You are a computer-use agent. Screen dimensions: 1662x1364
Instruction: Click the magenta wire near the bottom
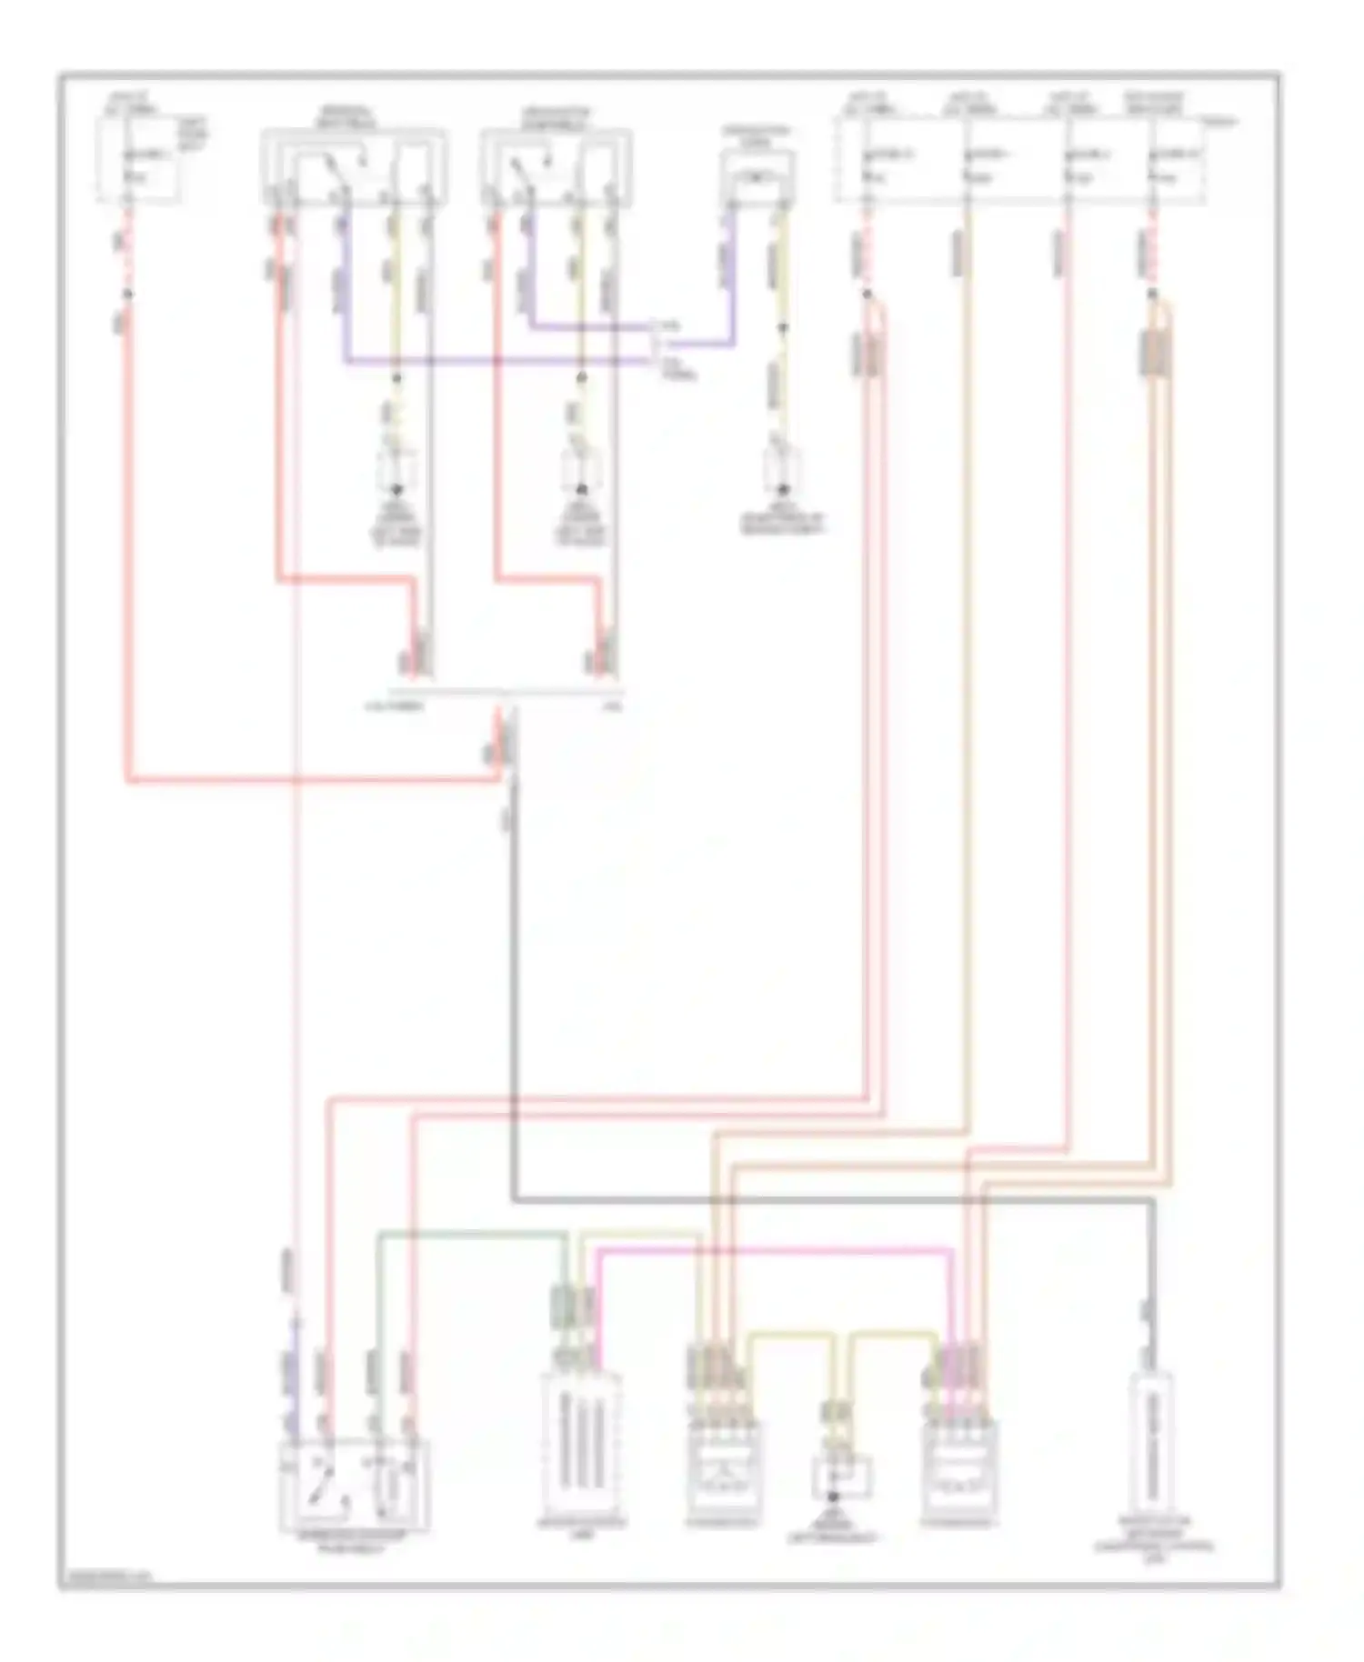click(773, 1252)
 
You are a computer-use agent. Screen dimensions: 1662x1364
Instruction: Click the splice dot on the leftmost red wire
click(128, 294)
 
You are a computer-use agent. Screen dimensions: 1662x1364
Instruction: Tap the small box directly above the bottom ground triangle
click(841, 1476)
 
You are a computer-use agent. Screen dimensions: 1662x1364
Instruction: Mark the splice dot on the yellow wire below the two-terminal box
click(781, 326)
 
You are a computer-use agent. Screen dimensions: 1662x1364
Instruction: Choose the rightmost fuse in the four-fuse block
click(1169, 164)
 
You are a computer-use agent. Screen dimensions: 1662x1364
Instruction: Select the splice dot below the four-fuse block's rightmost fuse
click(1153, 294)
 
